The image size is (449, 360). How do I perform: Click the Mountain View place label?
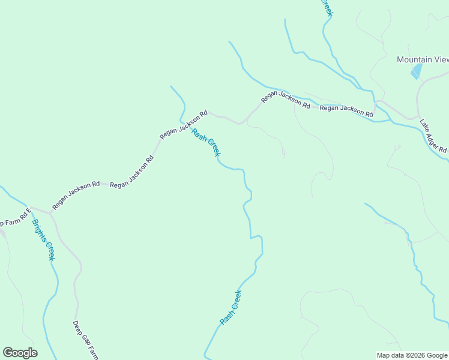click(423, 59)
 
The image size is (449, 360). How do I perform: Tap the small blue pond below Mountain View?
click(415, 71)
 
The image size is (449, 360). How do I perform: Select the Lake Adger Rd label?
click(433, 135)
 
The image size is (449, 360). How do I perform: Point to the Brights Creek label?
click(43, 239)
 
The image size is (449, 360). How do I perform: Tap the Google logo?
click(20, 353)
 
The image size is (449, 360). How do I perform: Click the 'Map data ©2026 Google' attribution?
click(412, 355)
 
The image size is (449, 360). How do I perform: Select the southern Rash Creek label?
click(231, 307)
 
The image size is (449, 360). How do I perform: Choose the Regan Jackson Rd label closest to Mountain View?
click(346, 110)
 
